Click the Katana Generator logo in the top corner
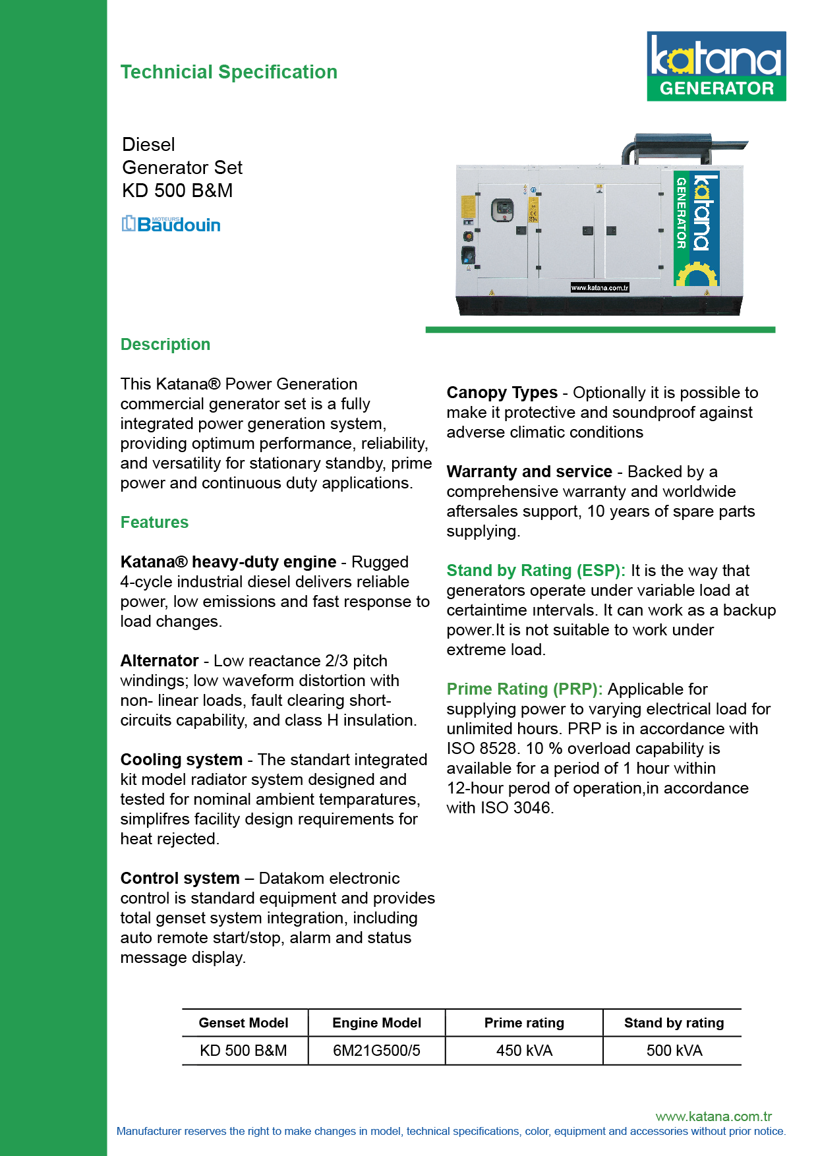pyautogui.click(x=716, y=66)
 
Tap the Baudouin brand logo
pyautogui.click(x=171, y=224)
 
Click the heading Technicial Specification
pyautogui.click(x=229, y=72)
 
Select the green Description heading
pyautogui.click(x=165, y=344)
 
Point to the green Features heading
pyautogui.click(x=154, y=522)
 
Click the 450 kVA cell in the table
pyautogui.click(x=524, y=1051)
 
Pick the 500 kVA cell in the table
pyautogui.click(x=674, y=1051)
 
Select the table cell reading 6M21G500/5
pyautogui.click(x=376, y=1051)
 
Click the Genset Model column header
pyautogui.click(x=243, y=1023)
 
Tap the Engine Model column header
pyautogui.click(x=376, y=1023)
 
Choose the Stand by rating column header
pyautogui.click(x=674, y=1023)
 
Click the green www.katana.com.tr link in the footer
pyautogui.click(x=713, y=1116)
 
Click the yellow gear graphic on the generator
pyautogui.click(x=695, y=274)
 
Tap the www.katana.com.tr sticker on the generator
pyautogui.click(x=599, y=287)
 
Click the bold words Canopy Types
pyautogui.click(x=502, y=393)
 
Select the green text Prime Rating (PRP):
pyautogui.click(x=525, y=689)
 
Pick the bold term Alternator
pyautogui.click(x=160, y=661)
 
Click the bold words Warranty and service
pyautogui.click(x=529, y=472)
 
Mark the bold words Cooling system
pyautogui.click(x=181, y=760)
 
